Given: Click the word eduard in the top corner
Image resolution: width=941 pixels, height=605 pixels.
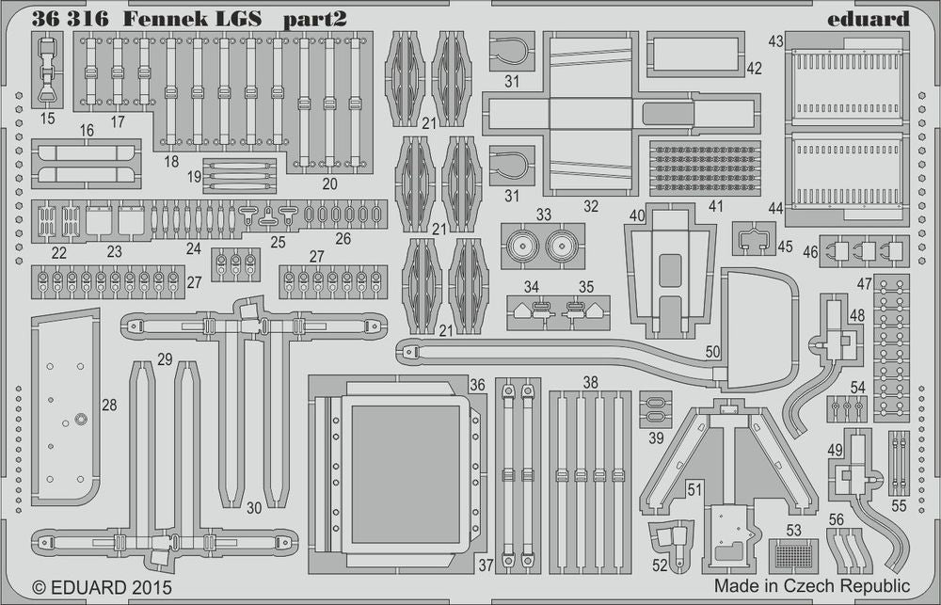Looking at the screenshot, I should pyautogui.click(x=869, y=19).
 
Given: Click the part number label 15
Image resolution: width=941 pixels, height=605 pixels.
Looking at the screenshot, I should pyautogui.click(x=47, y=119).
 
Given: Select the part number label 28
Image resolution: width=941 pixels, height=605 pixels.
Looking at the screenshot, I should pyautogui.click(x=109, y=405).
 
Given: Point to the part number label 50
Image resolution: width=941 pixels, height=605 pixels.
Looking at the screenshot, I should pyautogui.click(x=712, y=351).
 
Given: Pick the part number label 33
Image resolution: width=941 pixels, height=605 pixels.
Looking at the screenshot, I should pyautogui.click(x=544, y=215).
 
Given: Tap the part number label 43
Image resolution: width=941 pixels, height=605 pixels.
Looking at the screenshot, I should pyautogui.click(x=775, y=41).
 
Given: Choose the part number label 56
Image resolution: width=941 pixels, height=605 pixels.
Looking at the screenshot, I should pyautogui.click(x=836, y=518).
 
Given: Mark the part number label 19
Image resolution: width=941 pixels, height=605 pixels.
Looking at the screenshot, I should pyautogui.click(x=194, y=176).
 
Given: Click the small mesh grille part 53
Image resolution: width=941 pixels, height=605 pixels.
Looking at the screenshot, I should pyautogui.click(x=792, y=555).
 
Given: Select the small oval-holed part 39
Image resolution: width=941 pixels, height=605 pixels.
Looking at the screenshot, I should pyautogui.click(x=656, y=407).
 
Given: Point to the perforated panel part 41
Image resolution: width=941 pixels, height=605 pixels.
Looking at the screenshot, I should pyautogui.click(x=705, y=168).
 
